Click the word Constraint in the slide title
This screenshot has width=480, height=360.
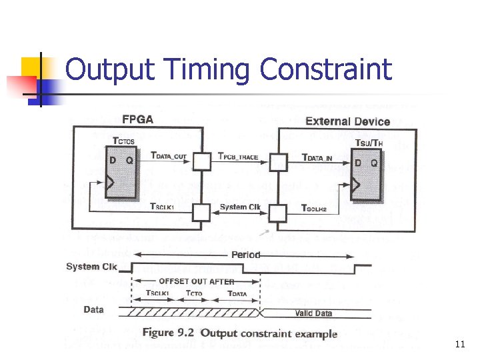click(x=325, y=69)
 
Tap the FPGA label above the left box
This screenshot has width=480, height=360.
click(x=138, y=121)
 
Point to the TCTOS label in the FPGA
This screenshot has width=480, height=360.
click(x=124, y=141)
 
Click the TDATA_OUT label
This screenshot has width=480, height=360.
click(x=169, y=156)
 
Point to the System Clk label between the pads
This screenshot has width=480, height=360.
click(x=240, y=207)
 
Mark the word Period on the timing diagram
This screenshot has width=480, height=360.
click(x=245, y=255)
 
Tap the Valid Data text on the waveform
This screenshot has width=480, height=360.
click(x=313, y=313)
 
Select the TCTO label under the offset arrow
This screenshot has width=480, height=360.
click(x=195, y=293)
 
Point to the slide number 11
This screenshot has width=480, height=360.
click(x=459, y=345)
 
